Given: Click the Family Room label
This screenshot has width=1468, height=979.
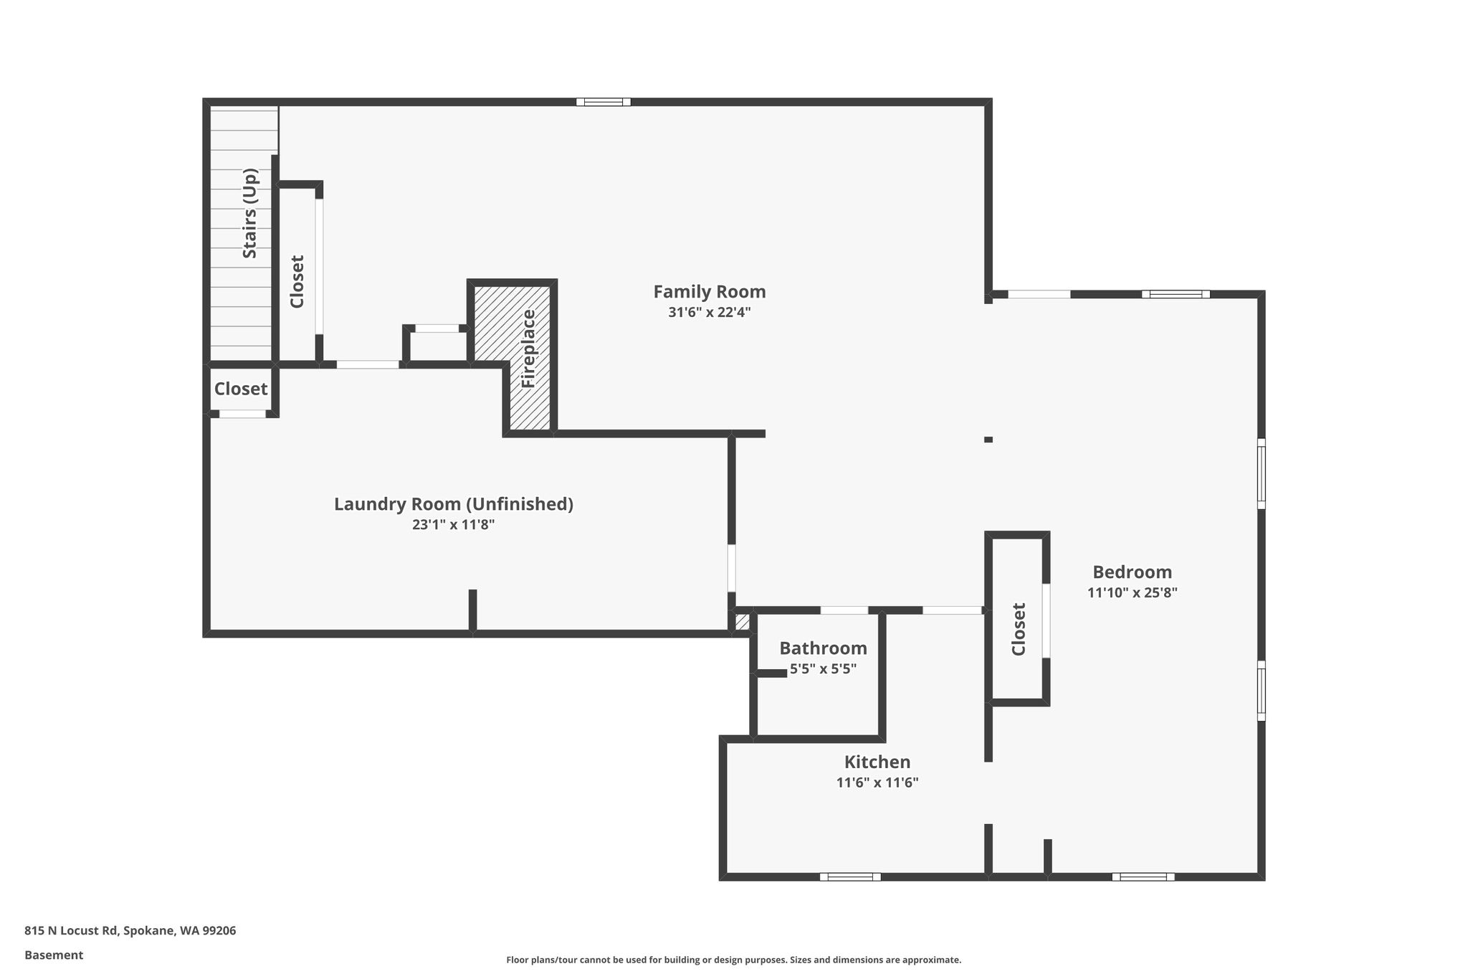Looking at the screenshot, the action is tap(710, 292).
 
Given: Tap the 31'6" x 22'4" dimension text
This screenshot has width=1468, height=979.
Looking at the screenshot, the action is tap(710, 312).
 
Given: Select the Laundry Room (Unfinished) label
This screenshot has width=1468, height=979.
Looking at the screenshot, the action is tap(454, 504).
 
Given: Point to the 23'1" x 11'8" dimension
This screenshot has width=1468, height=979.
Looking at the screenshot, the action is tap(454, 524).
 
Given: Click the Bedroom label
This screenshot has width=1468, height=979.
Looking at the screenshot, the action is tap(1133, 572).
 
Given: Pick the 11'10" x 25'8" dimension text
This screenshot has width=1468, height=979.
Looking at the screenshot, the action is tap(1133, 592).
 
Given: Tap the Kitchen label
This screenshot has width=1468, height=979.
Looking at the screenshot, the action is tap(877, 762).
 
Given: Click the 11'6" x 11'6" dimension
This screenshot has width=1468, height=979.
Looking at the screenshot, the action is tap(877, 782).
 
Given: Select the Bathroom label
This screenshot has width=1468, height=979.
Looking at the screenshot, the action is tap(824, 648).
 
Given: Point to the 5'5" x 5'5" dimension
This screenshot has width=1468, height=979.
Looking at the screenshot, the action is tap(824, 669).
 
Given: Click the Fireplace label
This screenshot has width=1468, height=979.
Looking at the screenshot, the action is tap(528, 349).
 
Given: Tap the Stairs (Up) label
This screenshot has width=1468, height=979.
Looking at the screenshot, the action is tap(249, 213).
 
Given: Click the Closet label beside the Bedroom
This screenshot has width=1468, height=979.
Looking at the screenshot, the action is tap(1019, 629).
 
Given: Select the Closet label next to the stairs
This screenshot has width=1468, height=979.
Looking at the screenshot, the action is tap(297, 281).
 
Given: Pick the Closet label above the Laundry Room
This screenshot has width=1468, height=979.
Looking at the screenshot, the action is tap(241, 389).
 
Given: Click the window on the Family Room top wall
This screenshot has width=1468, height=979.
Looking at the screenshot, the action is tap(604, 102).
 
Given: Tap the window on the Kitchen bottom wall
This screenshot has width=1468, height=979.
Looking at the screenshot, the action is tap(850, 876).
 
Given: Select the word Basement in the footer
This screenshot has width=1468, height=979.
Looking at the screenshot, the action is tap(54, 955).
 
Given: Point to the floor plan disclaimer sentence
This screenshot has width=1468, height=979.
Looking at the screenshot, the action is tap(734, 960).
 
